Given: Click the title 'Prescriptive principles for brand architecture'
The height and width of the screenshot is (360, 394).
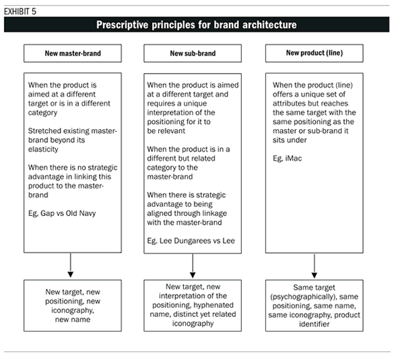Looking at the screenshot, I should [197, 25].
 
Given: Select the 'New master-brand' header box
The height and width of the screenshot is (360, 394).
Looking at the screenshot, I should [71, 53].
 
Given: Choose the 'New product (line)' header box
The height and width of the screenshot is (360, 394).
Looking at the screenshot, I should [315, 53].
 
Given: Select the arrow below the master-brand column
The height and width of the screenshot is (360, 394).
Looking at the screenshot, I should [71, 267].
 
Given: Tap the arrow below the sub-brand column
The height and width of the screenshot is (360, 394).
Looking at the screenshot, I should [194, 267].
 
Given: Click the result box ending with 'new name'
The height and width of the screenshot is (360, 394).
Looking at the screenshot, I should [71, 306].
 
